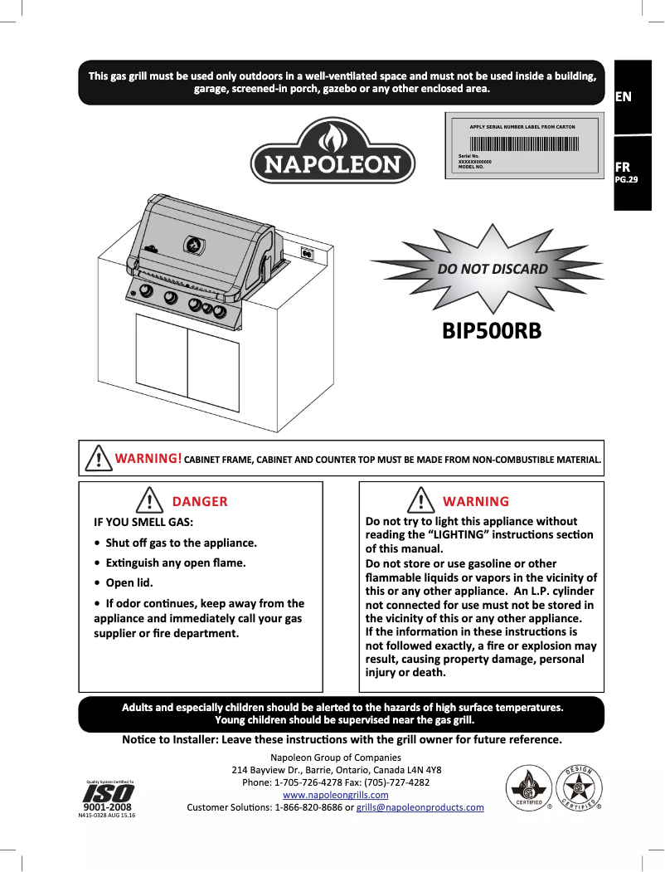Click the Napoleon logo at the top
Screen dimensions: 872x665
click(x=333, y=151)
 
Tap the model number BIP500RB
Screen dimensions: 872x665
click(x=491, y=331)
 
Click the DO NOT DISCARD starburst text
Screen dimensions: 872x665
click(x=493, y=269)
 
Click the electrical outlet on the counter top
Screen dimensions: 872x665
click(x=306, y=253)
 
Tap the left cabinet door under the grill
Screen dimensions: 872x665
click(x=163, y=356)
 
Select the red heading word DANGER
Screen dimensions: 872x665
click(x=199, y=501)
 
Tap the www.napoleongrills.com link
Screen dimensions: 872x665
click(x=336, y=795)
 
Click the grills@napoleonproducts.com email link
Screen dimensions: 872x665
click(x=420, y=807)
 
